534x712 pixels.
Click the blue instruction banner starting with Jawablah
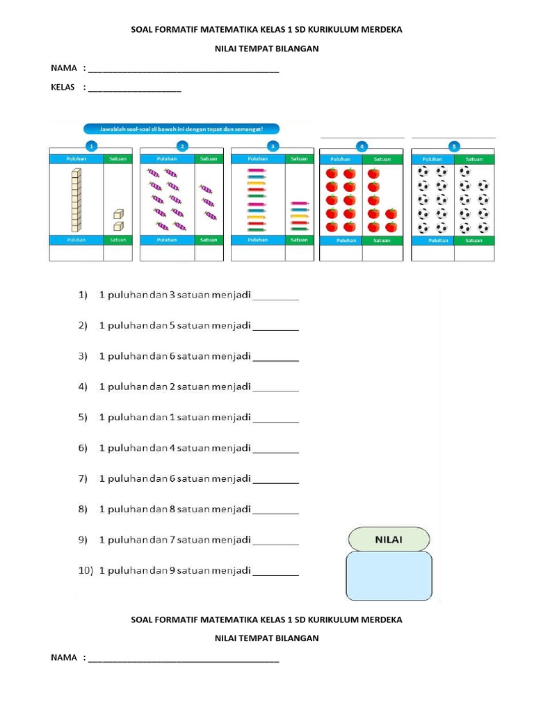[x=181, y=129]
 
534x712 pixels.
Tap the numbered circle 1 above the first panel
[x=91, y=146]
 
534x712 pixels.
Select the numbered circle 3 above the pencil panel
[x=273, y=146]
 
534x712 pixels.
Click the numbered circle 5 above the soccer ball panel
[x=454, y=147]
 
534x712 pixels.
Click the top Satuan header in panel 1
[x=118, y=159]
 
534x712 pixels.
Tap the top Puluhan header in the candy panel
[x=167, y=159]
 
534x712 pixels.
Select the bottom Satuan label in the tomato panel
[x=382, y=241]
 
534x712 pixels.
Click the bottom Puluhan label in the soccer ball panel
[x=438, y=241]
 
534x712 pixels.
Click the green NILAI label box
[x=388, y=540]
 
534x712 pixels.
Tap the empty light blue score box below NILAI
[x=388, y=576]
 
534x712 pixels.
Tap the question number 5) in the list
[x=83, y=417]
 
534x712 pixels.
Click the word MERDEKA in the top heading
[x=380, y=30]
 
